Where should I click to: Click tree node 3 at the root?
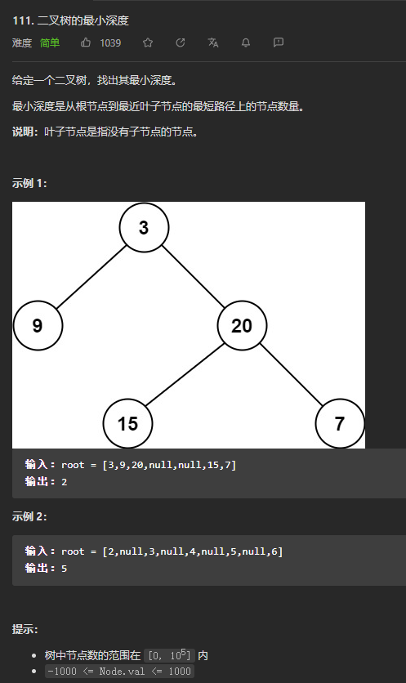pos(145,227)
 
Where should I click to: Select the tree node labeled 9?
pos(38,325)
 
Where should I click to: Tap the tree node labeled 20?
pos(242,325)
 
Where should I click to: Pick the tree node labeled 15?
pos(127,423)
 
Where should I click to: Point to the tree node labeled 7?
pos(340,423)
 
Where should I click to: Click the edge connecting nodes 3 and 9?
pos(91,277)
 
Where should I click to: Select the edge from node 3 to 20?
pos(193,277)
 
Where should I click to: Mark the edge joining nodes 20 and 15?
pos(185,375)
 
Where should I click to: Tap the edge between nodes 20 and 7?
pos(291,375)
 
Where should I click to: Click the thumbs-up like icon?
pos(86,42)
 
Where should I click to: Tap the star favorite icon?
pos(148,42)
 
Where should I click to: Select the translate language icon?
pos(213,42)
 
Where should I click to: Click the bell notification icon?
pos(246,42)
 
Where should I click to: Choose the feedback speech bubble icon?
pos(279,42)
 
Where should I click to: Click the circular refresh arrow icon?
pos(181,42)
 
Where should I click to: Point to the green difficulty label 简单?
pos(50,42)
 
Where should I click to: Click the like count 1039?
pos(110,42)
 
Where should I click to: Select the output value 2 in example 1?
pos(65,482)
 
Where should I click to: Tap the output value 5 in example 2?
pos(65,569)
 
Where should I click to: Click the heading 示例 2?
pos(29,516)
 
